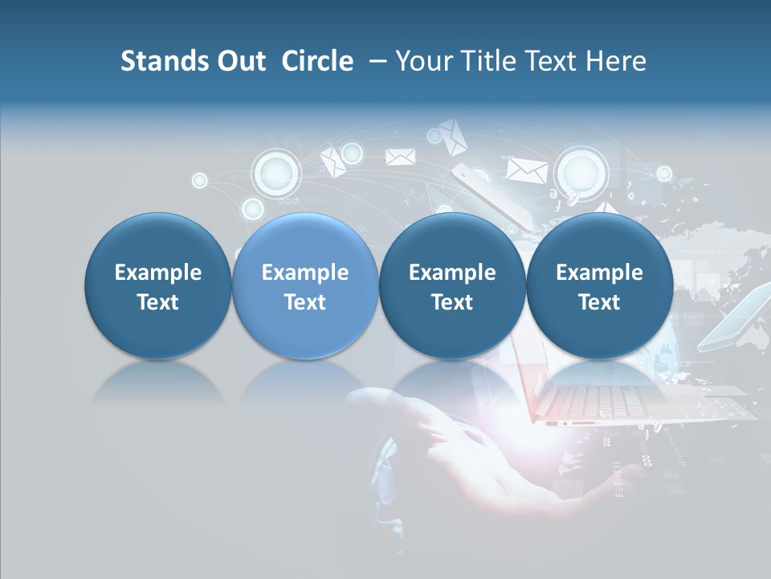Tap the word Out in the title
pos(240,61)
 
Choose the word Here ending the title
pos(617,61)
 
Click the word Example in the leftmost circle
pos(157,273)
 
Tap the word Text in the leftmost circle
pos(157,302)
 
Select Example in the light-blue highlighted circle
pos(305,273)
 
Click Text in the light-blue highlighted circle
pos(305,302)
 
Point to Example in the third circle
pos(452,273)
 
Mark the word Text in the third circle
pos(452,302)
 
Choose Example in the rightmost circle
pos(599,273)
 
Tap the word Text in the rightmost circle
pos(599,302)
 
